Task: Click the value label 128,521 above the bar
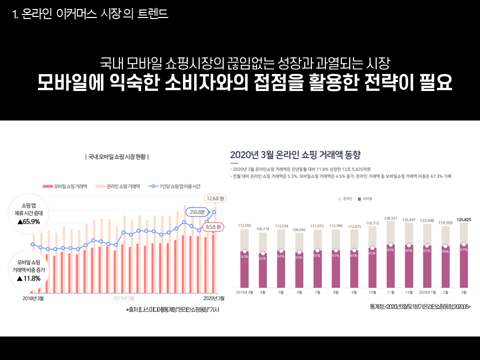pyautogui.click(x=390, y=218)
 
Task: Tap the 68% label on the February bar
pyautogui.click(x=445, y=251)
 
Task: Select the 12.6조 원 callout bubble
pyautogui.click(x=215, y=199)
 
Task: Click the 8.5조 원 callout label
pyautogui.click(x=213, y=227)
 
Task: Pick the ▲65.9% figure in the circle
pyautogui.click(x=28, y=221)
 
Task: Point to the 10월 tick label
pyautogui.click(x=372, y=292)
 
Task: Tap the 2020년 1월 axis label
pyautogui.click(x=426, y=292)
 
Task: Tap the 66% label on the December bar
pyautogui.click(x=408, y=250)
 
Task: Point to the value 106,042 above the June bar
pyautogui.click(x=298, y=229)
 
